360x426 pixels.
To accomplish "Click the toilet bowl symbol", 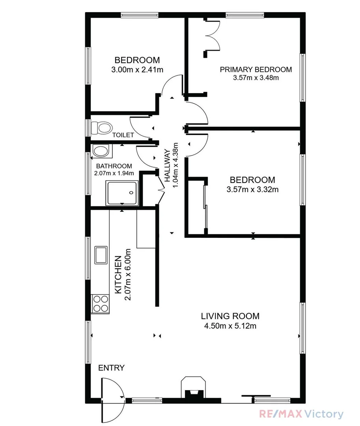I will tap(102, 127).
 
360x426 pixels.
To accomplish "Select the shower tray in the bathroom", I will tap(122, 193).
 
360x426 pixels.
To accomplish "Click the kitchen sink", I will tap(101, 254).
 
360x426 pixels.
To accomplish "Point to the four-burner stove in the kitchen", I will tap(100, 304).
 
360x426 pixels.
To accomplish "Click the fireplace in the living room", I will tap(193, 389).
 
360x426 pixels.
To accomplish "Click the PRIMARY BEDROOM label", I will tap(256, 69).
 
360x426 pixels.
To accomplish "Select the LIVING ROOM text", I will tap(230, 316).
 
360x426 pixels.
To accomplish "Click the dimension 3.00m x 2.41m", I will tap(137, 70).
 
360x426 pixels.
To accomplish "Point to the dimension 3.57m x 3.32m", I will tap(253, 189).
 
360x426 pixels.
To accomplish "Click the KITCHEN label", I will tap(118, 275).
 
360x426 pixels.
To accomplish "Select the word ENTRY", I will tap(111, 368).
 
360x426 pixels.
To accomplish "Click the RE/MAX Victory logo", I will tap(301, 414).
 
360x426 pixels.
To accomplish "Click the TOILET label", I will tap(123, 135).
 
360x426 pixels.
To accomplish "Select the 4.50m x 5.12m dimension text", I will tap(230, 326).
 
